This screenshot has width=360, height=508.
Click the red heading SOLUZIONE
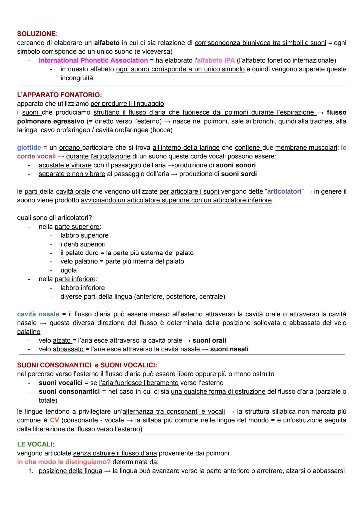(36, 34)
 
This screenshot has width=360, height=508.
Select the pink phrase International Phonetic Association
(93, 60)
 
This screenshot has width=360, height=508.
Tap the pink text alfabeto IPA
(216, 60)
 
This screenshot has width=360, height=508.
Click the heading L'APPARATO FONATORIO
(59, 95)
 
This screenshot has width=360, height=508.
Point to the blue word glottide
(29, 147)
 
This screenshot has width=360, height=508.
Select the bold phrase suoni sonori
(236, 165)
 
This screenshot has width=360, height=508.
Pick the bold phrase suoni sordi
(239, 174)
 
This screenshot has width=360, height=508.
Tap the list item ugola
(68, 270)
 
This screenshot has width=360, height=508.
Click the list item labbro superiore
(84, 235)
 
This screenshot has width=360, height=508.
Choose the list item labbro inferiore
(82, 288)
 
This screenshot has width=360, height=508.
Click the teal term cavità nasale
(38, 314)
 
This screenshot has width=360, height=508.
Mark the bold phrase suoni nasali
(229, 349)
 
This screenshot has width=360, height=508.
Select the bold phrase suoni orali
(209, 340)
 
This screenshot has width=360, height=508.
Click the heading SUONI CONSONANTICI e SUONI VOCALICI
(87, 365)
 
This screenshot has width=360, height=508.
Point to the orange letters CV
(54, 420)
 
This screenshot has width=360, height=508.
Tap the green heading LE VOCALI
(35, 444)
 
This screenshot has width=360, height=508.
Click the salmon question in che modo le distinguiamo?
(64, 462)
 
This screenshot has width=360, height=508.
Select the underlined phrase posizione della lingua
(70, 471)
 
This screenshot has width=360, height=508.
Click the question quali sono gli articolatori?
(54, 218)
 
